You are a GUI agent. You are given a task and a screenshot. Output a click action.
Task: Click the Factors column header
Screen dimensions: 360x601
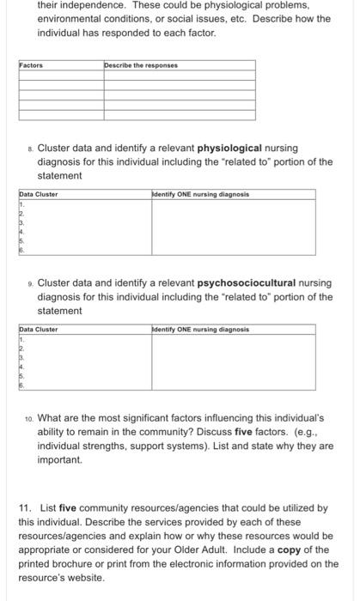[31, 65]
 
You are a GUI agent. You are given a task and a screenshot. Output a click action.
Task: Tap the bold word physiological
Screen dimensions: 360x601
[232, 148]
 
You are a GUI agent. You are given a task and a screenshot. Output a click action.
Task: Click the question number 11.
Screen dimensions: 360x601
[26, 508]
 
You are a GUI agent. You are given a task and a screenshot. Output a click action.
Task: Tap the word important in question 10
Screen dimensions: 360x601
[60, 460]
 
